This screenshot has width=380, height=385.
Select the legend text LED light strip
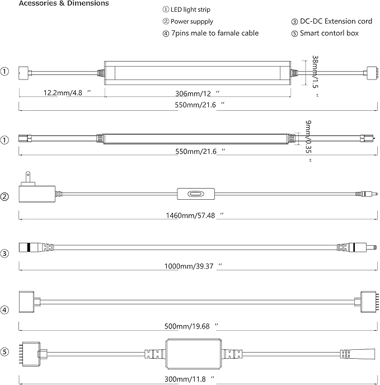pyautogui.click(x=193, y=10)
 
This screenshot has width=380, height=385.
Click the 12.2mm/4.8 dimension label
pyautogui.click(x=58, y=93)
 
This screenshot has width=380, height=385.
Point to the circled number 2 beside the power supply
pyautogui.click(x=5, y=196)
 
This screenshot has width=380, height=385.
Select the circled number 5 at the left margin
pyautogui.click(x=5, y=352)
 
